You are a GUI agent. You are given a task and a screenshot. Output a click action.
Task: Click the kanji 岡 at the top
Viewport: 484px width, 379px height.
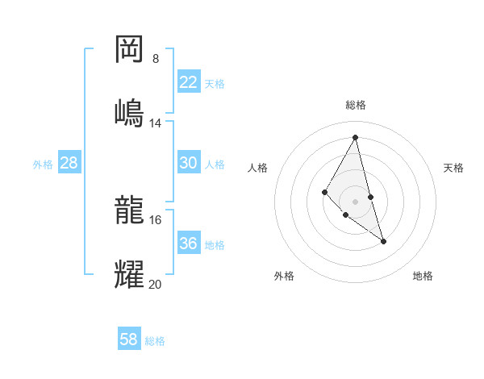(129, 50)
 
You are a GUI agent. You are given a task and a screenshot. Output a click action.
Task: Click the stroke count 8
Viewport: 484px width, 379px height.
(156, 59)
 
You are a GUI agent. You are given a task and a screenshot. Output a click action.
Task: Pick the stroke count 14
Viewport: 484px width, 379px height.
(156, 123)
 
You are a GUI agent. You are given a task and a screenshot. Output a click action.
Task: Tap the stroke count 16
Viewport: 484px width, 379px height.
(156, 219)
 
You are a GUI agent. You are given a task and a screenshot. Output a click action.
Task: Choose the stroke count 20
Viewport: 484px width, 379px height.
(156, 284)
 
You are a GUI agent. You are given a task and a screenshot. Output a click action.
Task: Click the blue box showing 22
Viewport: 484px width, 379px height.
(189, 82)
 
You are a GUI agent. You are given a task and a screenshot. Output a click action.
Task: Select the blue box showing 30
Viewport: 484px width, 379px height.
(189, 163)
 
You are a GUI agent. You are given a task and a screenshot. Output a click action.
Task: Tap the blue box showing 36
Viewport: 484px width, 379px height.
(189, 244)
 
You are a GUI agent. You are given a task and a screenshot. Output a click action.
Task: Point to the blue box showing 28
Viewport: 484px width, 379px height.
(69, 163)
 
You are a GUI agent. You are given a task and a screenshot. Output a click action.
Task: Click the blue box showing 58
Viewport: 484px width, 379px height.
(129, 339)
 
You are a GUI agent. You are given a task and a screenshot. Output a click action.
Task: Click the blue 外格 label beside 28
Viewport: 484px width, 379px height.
(43, 164)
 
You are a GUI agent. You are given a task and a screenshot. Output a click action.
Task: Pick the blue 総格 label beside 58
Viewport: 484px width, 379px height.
(155, 341)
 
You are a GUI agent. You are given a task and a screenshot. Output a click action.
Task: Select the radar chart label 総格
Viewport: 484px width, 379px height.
(356, 105)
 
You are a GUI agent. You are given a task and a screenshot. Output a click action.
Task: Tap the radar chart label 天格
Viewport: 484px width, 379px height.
(453, 168)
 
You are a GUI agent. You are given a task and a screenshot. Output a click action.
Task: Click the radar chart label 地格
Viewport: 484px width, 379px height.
(423, 276)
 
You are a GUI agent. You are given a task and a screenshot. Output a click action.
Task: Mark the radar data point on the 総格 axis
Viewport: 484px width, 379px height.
(356, 137)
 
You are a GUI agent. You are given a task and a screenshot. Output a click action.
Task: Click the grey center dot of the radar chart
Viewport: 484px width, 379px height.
(356, 201)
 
